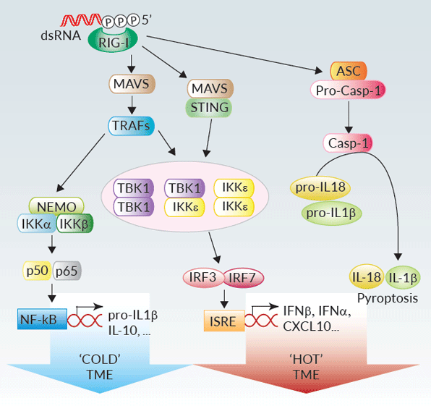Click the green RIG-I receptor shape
[x=113, y=41]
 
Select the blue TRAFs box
[x=131, y=126]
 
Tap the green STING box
[x=209, y=108]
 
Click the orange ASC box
[x=349, y=71]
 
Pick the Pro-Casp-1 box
[x=348, y=90]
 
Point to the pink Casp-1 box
[x=348, y=143]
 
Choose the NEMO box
[x=56, y=206]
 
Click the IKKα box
[x=37, y=224]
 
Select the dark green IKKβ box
[x=74, y=224]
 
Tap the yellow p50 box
[x=37, y=271]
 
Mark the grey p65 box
[x=67, y=271]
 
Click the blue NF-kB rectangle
[x=42, y=319]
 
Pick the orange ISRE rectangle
[x=224, y=321]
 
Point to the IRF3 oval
[x=203, y=278]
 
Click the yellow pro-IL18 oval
[x=320, y=188]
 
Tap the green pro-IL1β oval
[x=331, y=213]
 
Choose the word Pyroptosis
[x=388, y=298]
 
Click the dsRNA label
[x=61, y=35]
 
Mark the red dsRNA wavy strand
[x=82, y=20]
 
